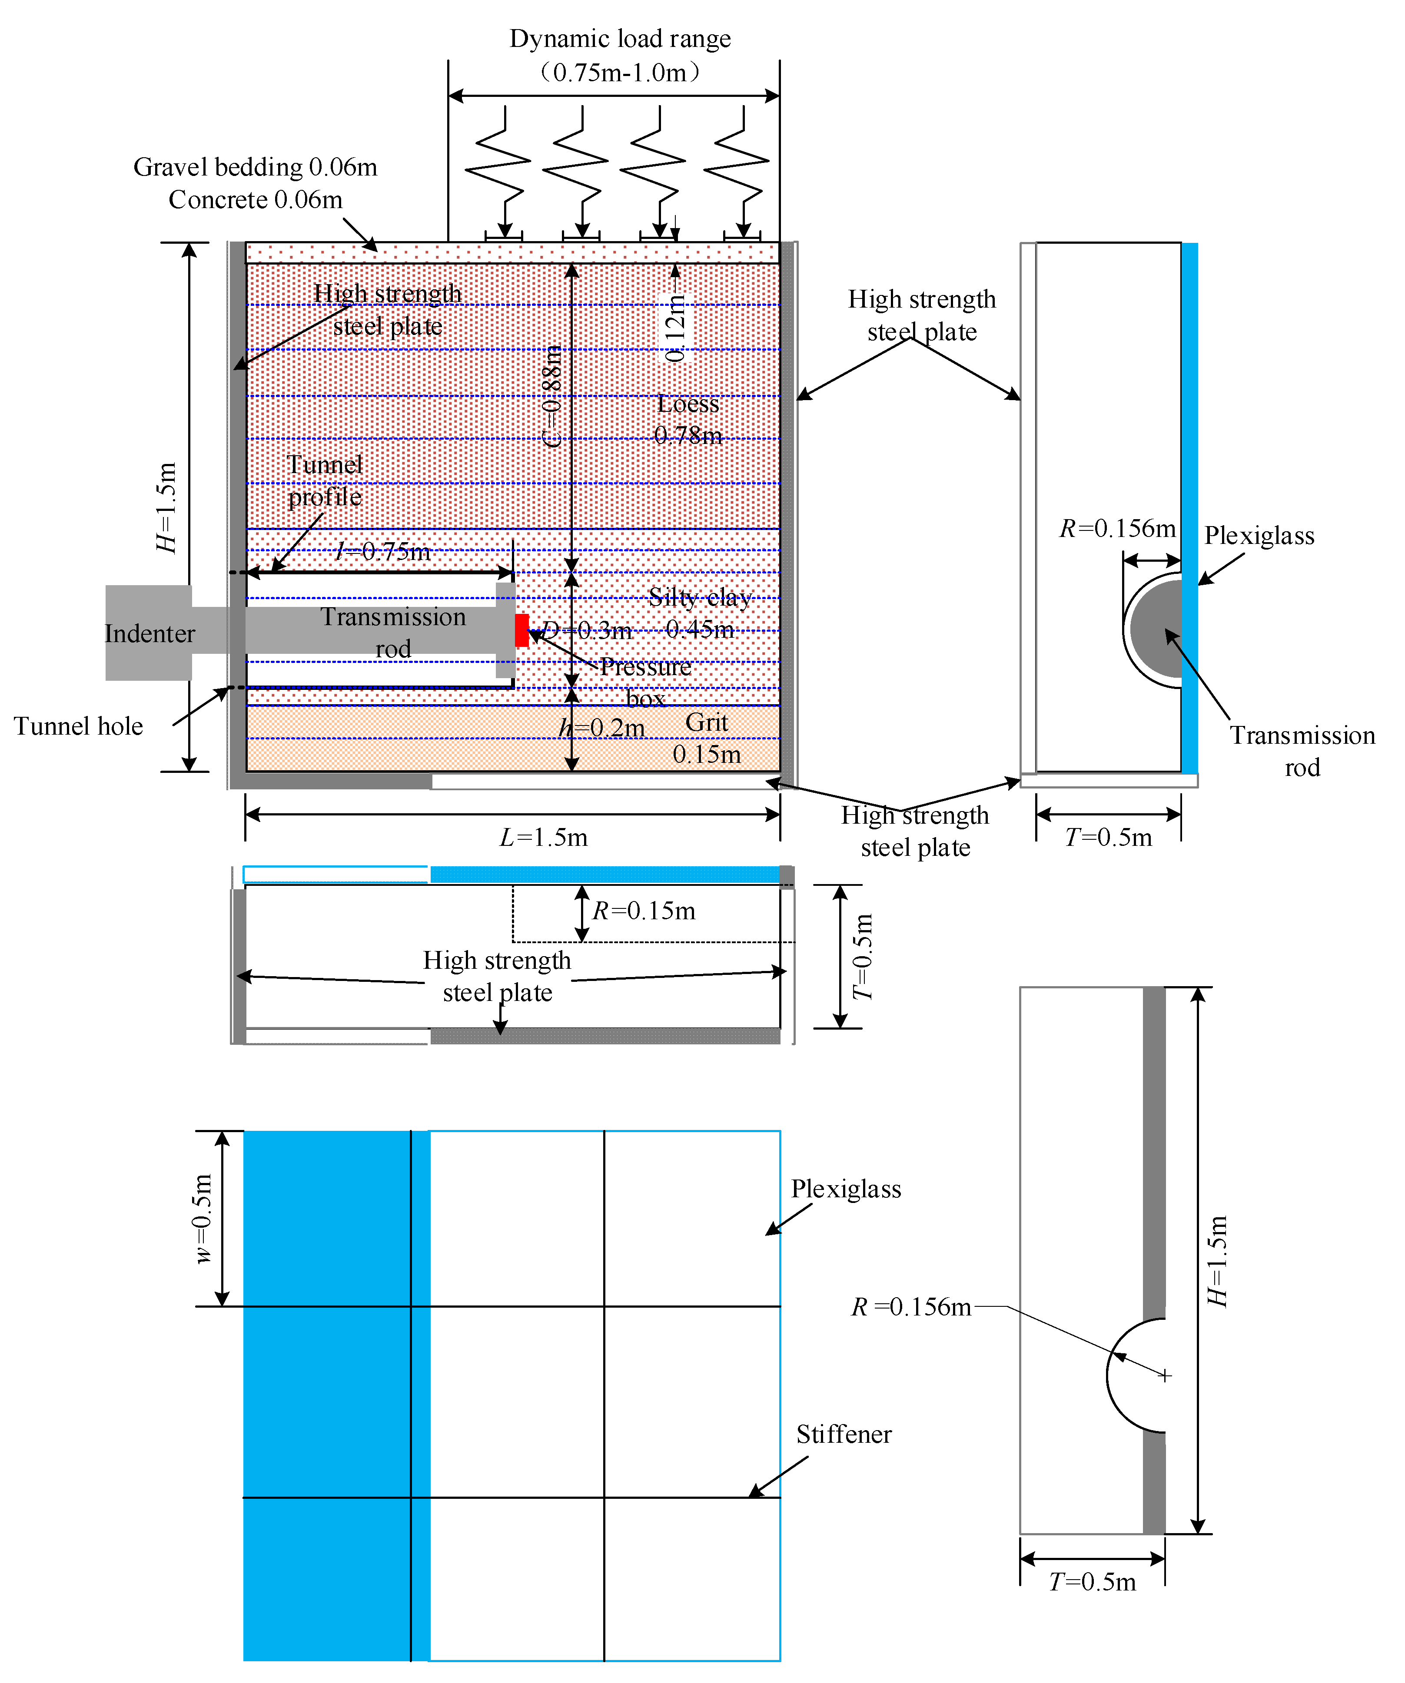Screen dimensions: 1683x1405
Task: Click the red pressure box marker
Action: click(x=521, y=630)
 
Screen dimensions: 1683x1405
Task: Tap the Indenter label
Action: click(x=150, y=633)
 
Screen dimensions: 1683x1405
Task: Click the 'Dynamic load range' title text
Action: click(x=620, y=39)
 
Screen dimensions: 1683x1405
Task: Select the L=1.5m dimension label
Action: click(x=543, y=838)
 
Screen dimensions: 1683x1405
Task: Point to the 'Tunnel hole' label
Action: click(x=79, y=726)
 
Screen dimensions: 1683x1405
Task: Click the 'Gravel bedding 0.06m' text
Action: click(x=255, y=167)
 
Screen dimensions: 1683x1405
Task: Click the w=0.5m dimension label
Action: click(x=203, y=1218)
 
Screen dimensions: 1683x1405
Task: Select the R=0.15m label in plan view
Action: click(x=644, y=911)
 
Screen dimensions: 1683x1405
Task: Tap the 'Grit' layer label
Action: click(x=706, y=722)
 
